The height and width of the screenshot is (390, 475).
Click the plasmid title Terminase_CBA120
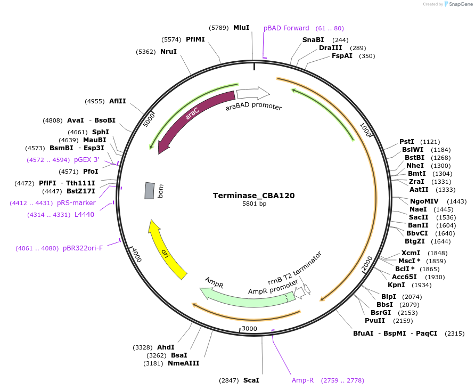click(x=253, y=196)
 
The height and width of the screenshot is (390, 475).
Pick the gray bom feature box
click(x=150, y=191)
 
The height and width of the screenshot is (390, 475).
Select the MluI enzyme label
click(x=241, y=27)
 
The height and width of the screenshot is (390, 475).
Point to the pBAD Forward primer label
click(x=286, y=28)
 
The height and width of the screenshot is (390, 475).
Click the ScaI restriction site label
click(x=251, y=380)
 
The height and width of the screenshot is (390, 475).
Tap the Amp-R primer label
click(x=302, y=380)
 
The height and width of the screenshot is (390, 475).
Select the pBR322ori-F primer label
click(x=83, y=248)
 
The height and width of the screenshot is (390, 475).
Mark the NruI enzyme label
click(x=168, y=52)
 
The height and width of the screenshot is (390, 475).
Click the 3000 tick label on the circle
click(x=249, y=329)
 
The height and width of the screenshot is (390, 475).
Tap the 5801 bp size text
click(x=253, y=204)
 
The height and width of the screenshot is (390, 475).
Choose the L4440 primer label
click(x=84, y=215)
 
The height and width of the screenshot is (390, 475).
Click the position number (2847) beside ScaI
click(x=230, y=380)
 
